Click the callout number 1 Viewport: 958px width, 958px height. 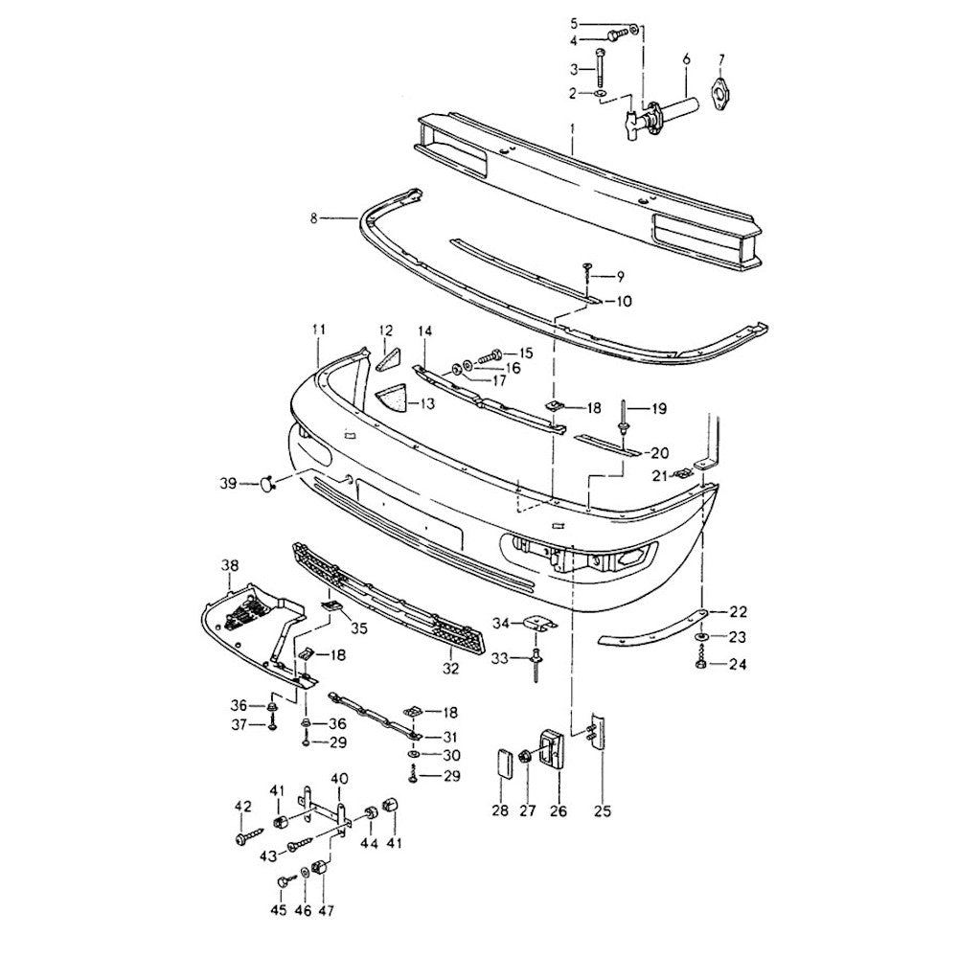coord(573,126)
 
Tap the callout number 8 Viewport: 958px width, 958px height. coord(313,218)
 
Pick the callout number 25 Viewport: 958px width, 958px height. coord(602,812)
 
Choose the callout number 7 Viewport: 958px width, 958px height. coord(720,59)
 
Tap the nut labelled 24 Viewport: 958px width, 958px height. coord(703,663)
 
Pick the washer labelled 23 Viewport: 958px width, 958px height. coord(703,637)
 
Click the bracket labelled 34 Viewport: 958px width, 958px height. coord(539,625)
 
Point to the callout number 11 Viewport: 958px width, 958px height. coord(318,330)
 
